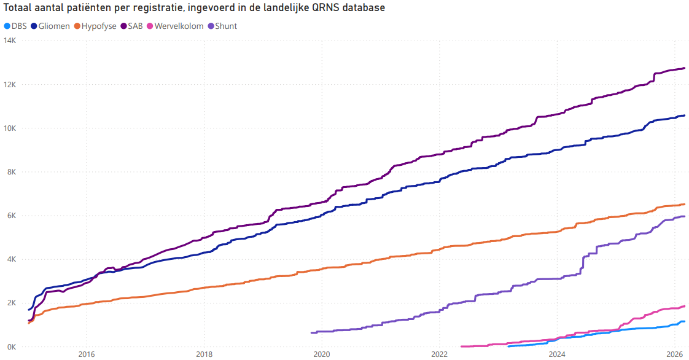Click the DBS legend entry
pyautogui.click(x=15, y=26)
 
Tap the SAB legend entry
pyautogui.click(x=134, y=26)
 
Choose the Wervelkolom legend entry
pyautogui.click(x=179, y=26)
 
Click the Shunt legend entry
pyautogui.click(x=226, y=26)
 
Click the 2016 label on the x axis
pyautogui.click(x=87, y=354)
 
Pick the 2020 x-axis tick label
pyautogui.click(x=322, y=354)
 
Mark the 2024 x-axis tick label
pyautogui.click(x=557, y=354)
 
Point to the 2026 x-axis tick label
pyautogui.click(x=675, y=354)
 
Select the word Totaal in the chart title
pyautogui.click(x=17, y=9)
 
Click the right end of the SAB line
pyautogui.click(x=684, y=68)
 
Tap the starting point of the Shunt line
pyautogui.click(x=312, y=332)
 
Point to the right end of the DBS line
pyautogui.click(x=684, y=321)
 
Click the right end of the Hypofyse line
pyautogui.click(x=684, y=205)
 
